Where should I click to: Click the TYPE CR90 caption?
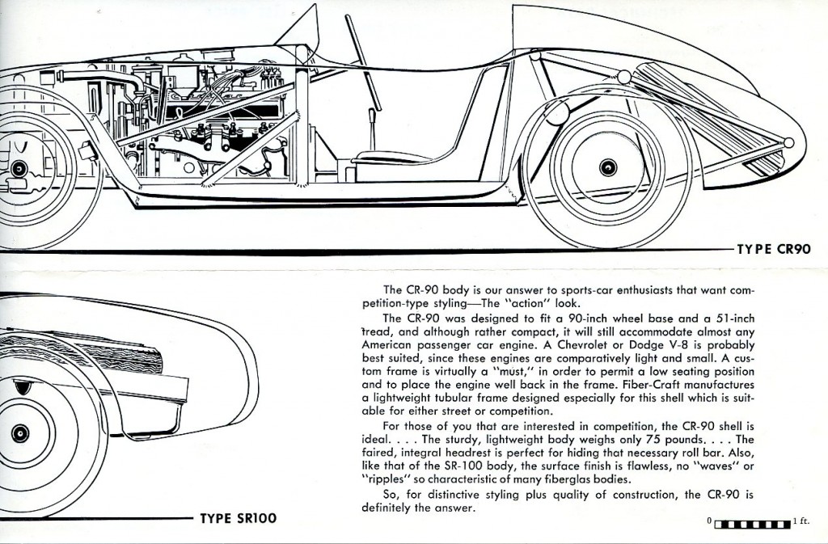[x=773, y=251]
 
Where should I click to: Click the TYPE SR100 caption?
[x=239, y=517]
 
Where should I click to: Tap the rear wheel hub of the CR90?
[x=607, y=167]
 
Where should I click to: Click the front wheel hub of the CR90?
[x=19, y=168]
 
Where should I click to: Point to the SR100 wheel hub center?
[x=20, y=434]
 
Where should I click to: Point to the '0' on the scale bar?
[x=709, y=522]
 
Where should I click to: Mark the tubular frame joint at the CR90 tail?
[x=789, y=143]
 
